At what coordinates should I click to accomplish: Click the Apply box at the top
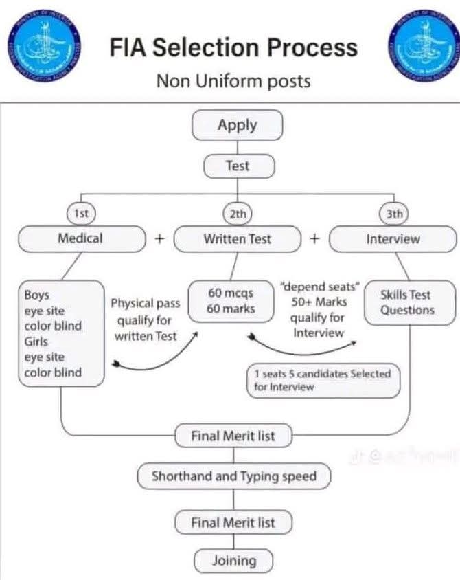237,126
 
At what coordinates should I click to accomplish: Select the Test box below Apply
238,166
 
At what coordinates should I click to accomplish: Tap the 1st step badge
82,214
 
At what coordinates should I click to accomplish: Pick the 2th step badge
238,214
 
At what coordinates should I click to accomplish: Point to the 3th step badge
394,214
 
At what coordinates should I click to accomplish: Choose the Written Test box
238,239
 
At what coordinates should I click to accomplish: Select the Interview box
393,239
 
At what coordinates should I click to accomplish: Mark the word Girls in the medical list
36,341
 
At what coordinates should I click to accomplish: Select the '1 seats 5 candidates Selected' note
323,380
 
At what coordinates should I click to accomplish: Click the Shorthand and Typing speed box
233,476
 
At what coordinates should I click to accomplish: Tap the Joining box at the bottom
233,561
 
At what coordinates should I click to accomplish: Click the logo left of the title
45,45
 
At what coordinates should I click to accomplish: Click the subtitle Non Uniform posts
233,81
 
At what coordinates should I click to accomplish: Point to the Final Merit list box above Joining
233,523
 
